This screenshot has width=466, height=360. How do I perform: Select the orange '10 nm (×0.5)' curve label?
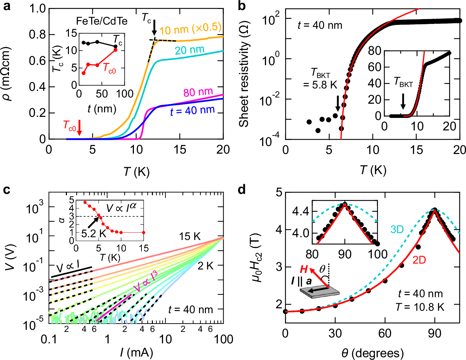pos(190,29)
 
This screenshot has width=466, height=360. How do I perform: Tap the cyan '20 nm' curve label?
pos(189,50)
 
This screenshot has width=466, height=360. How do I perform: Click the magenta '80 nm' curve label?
pos(198,92)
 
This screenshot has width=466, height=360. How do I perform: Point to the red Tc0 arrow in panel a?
pos(79,127)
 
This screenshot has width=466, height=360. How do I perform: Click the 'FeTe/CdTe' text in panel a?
pos(102,21)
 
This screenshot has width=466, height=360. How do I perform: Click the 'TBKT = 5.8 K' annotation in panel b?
pos(320,79)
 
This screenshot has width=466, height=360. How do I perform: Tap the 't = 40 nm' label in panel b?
pos(320,25)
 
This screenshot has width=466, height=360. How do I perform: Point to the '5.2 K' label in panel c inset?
pos(93,233)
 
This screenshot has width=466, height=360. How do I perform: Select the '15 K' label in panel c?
pos(190,237)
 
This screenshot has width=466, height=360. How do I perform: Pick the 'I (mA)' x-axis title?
pos(136,352)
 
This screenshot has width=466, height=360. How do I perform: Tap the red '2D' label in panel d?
pos(419,260)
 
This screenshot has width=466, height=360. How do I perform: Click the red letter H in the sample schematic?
pos(304,269)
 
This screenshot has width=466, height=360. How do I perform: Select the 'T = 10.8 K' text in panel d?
pos(420,307)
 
